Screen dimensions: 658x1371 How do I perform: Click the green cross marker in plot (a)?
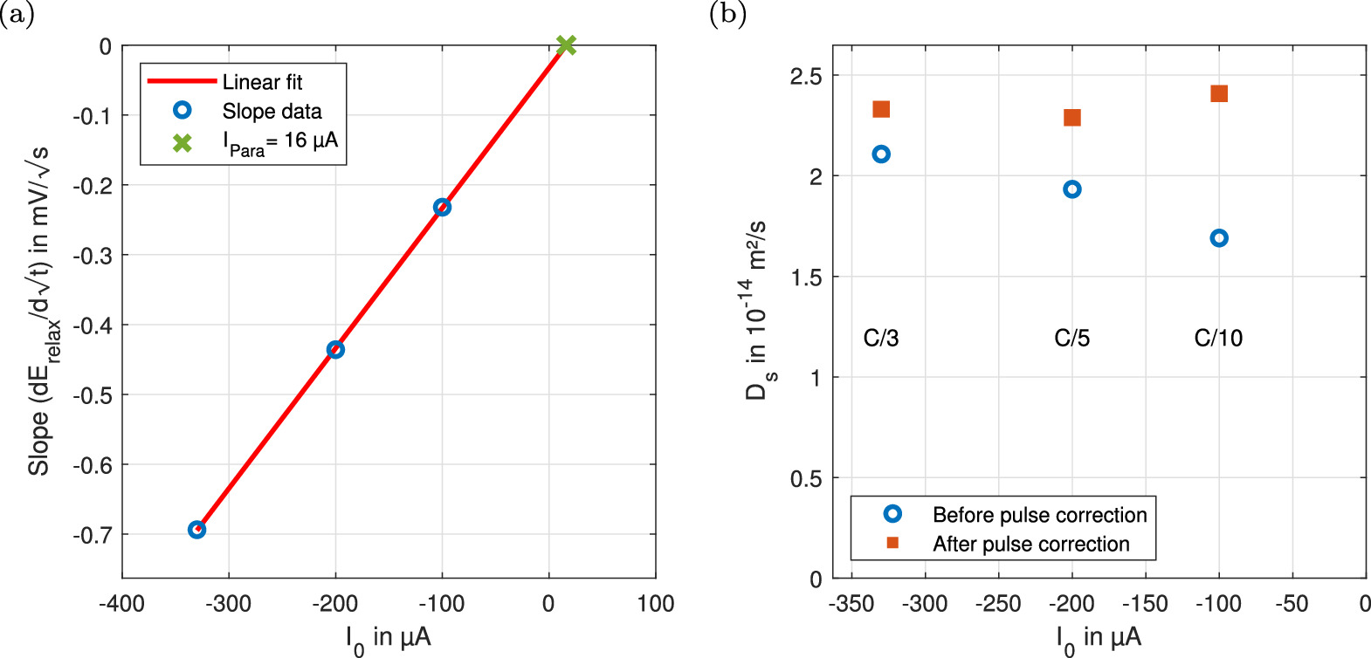coord(566,45)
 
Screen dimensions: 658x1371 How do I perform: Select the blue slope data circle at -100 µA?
coord(442,207)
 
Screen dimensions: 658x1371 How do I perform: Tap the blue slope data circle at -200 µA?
coord(335,349)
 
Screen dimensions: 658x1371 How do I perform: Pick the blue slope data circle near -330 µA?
coord(197,530)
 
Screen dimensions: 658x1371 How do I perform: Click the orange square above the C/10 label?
coord(1219,93)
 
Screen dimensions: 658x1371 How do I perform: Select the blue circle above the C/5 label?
coord(1072,189)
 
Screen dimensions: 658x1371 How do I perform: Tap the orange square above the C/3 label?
coord(881,109)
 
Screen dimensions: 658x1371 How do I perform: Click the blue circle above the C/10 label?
coord(1219,238)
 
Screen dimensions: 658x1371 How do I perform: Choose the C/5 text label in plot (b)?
coord(1071,338)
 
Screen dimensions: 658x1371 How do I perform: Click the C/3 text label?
coord(880,338)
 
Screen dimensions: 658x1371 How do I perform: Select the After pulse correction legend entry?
coord(1030,544)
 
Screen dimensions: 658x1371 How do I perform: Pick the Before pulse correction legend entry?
coord(1039,515)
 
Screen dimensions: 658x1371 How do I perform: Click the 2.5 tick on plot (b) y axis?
coord(805,76)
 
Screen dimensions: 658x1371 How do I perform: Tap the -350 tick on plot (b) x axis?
coord(851,603)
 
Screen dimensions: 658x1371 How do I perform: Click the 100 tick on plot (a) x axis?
coord(655,603)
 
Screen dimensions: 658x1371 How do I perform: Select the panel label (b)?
coord(727,13)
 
